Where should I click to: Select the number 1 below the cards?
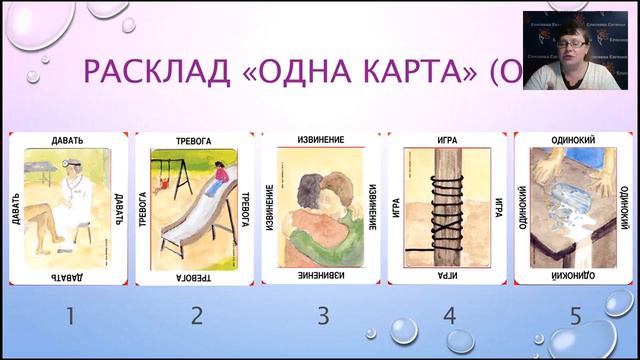point(70,316)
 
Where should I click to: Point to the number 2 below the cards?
point(197,316)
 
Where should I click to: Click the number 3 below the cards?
point(323,316)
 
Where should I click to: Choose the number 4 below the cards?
point(450,316)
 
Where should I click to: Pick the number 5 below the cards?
point(576,316)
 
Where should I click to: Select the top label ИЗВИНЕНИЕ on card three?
point(321,138)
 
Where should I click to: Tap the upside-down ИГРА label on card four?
point(449,271)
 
